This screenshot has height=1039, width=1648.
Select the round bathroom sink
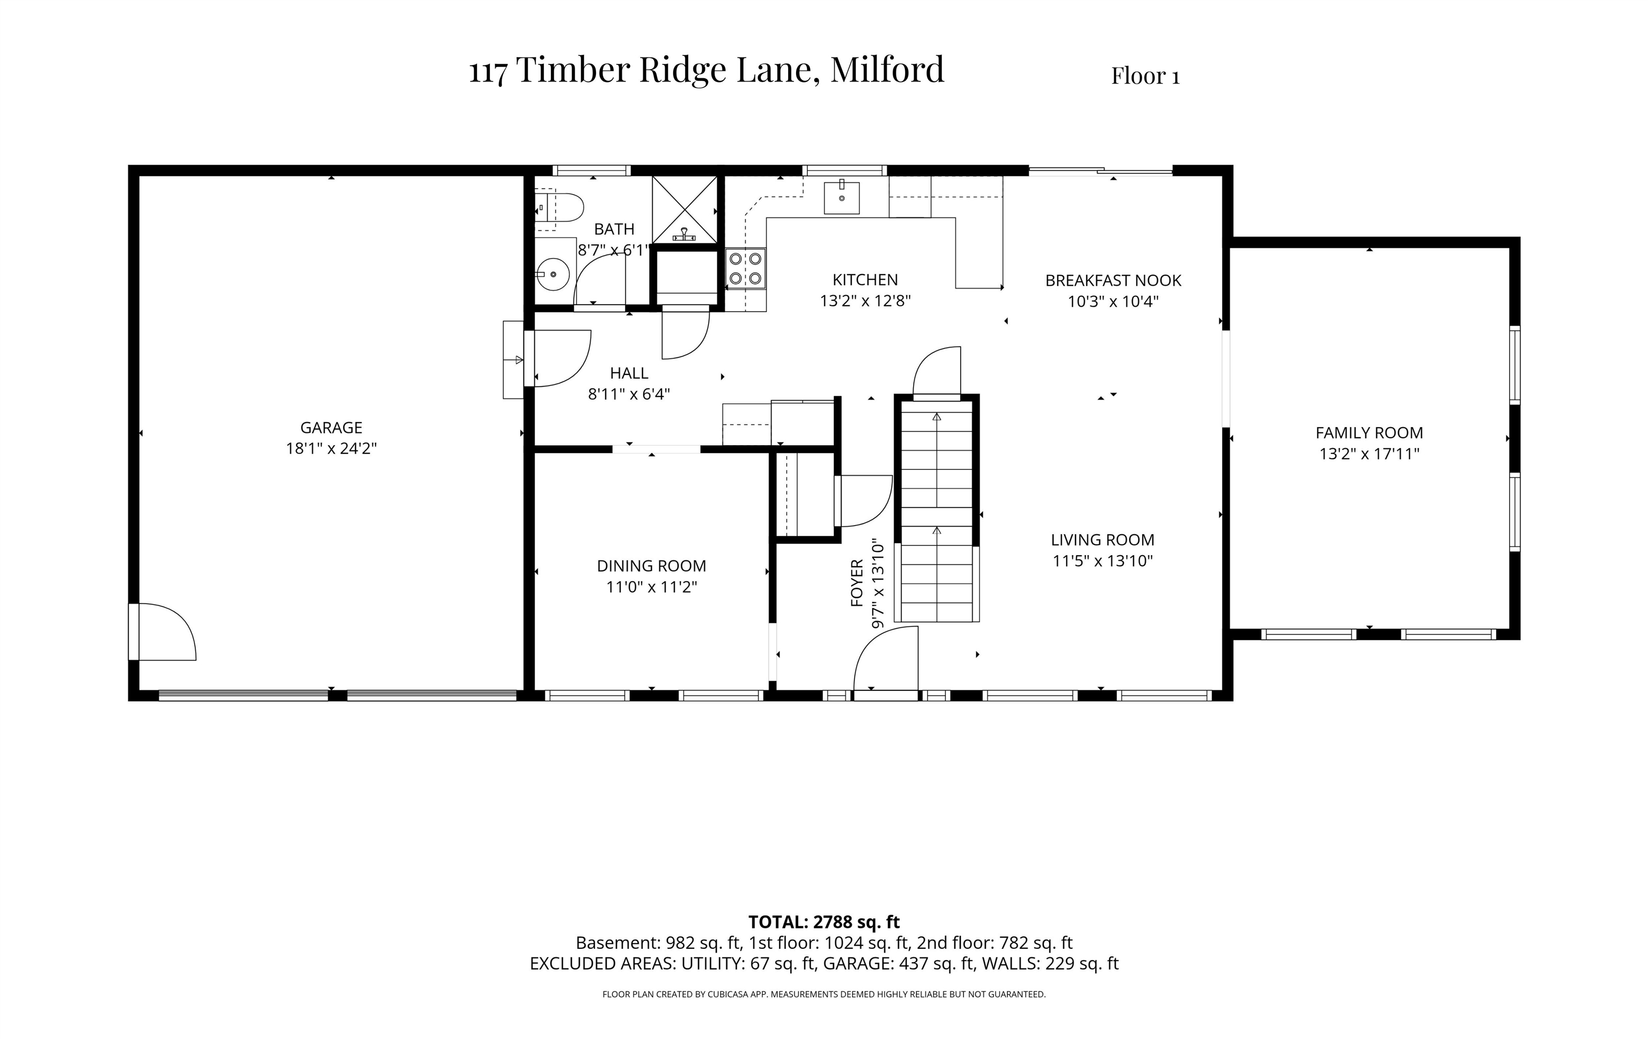(x=553, y=275)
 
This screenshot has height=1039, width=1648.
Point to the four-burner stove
(x=745, y=269)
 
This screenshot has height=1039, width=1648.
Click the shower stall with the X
(x=685, y=209)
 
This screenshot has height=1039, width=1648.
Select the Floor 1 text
(x=1145, y=76)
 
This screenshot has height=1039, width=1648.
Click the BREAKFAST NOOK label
(x=1113, y=281)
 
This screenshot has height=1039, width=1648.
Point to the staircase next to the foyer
(x=936, y=510)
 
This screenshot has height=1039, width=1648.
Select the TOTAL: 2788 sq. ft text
(x=823, y=922)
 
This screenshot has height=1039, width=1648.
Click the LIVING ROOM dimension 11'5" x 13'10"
(x=1102, y=561)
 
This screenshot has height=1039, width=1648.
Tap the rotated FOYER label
(x=857, y=583)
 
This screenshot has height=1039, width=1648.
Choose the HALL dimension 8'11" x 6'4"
(x=628, y=394)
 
